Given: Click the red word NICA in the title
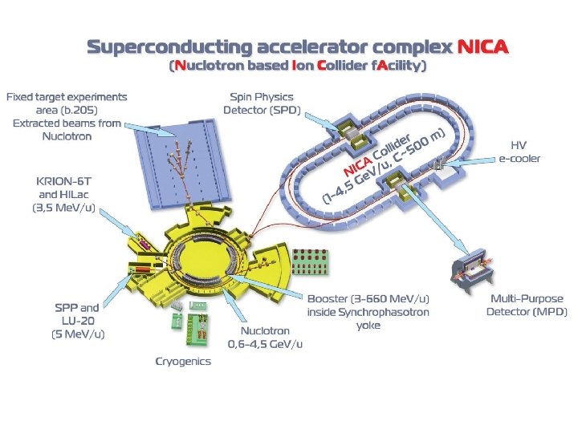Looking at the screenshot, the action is [482, 47].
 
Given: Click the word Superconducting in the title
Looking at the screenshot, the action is [161, 47].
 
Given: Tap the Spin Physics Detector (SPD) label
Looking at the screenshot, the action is [262, 103].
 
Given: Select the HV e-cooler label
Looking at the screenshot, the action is [525, 152].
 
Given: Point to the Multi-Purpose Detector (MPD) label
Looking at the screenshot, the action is [527, 305].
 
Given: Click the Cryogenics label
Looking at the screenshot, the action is [183, 361].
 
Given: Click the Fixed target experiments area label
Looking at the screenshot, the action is [67, 116].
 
